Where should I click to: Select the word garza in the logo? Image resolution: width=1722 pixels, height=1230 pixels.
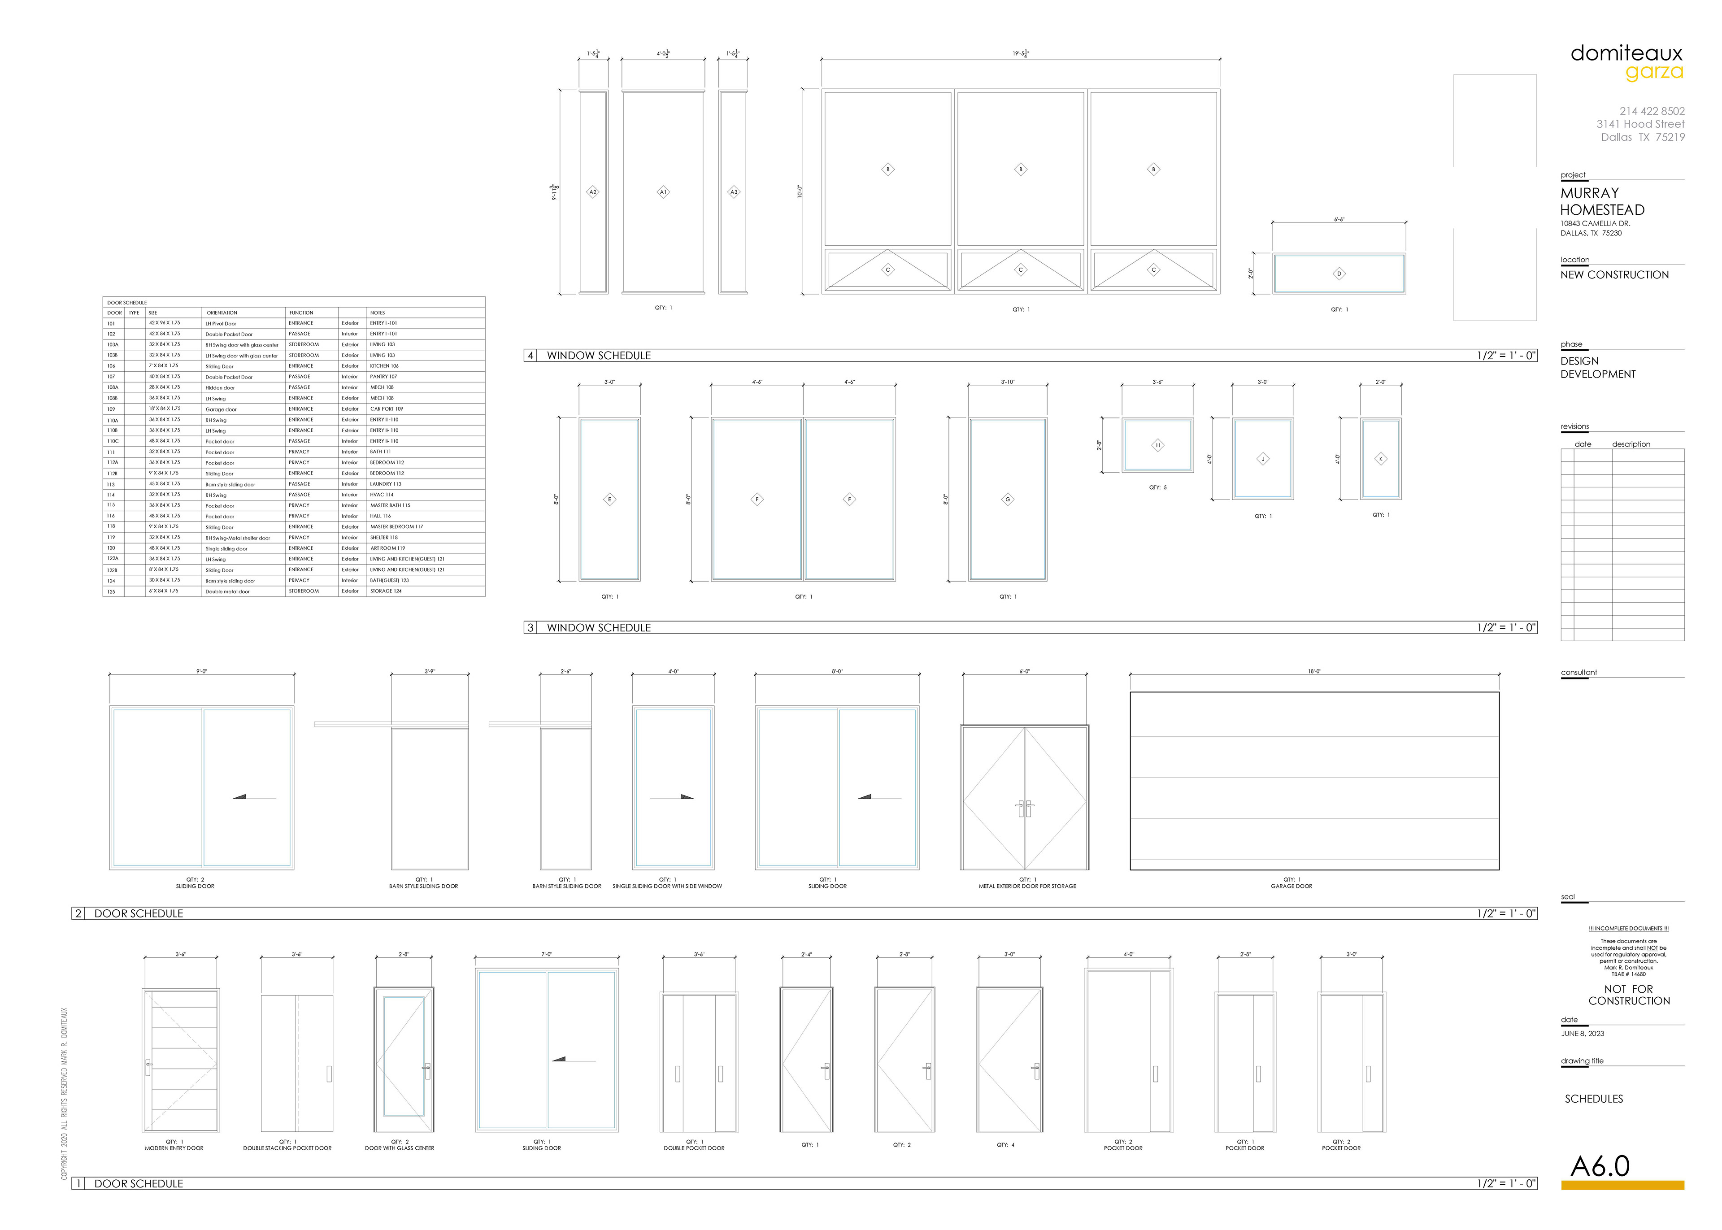point(1655,73)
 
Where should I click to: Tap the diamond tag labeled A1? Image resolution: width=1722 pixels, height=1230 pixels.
point(663,192)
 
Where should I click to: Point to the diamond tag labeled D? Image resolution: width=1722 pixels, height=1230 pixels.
point(1339,274)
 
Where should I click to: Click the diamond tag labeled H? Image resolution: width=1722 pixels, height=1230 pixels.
point(1157,445)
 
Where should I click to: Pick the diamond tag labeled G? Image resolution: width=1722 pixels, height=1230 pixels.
point(1007,499)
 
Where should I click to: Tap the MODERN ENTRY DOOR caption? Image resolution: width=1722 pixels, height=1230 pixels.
point(174,1148)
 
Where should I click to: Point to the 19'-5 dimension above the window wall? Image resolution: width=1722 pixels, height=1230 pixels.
point(1020,54)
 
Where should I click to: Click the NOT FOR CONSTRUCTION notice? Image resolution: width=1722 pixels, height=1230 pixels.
point(1629,995)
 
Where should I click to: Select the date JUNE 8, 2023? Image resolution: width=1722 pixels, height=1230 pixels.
point(1582,1034)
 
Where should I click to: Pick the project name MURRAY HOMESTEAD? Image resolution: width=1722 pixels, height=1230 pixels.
point(1602,201)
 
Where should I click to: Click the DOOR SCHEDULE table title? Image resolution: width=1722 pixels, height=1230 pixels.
point(127,303)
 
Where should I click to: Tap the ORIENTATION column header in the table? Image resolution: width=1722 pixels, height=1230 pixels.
point(222,313)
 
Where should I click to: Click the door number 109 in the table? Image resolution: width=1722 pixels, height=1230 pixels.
point(111,409)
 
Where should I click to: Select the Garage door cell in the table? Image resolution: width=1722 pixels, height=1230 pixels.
point(221,410)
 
